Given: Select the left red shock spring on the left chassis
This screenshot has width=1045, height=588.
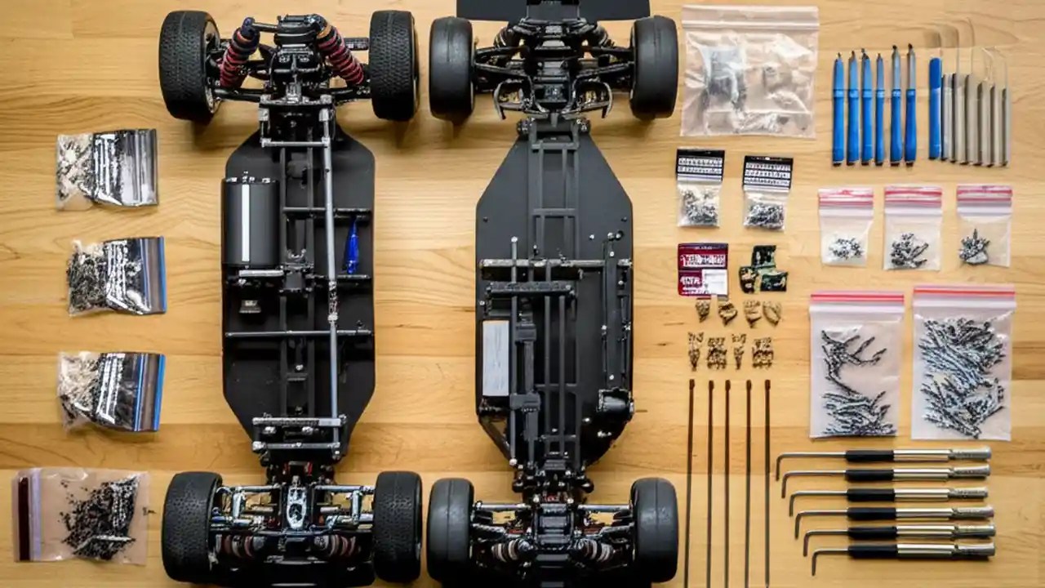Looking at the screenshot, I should (237, 57).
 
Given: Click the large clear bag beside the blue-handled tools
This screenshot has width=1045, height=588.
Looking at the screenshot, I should (749, 72).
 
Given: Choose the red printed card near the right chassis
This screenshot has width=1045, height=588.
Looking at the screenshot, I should (702, 269).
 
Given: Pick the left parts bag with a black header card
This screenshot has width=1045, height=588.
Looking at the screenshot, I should (700, 188).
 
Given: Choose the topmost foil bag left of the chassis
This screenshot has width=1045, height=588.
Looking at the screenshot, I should (107, 167).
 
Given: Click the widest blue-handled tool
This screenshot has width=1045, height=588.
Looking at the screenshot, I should (935, 106).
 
